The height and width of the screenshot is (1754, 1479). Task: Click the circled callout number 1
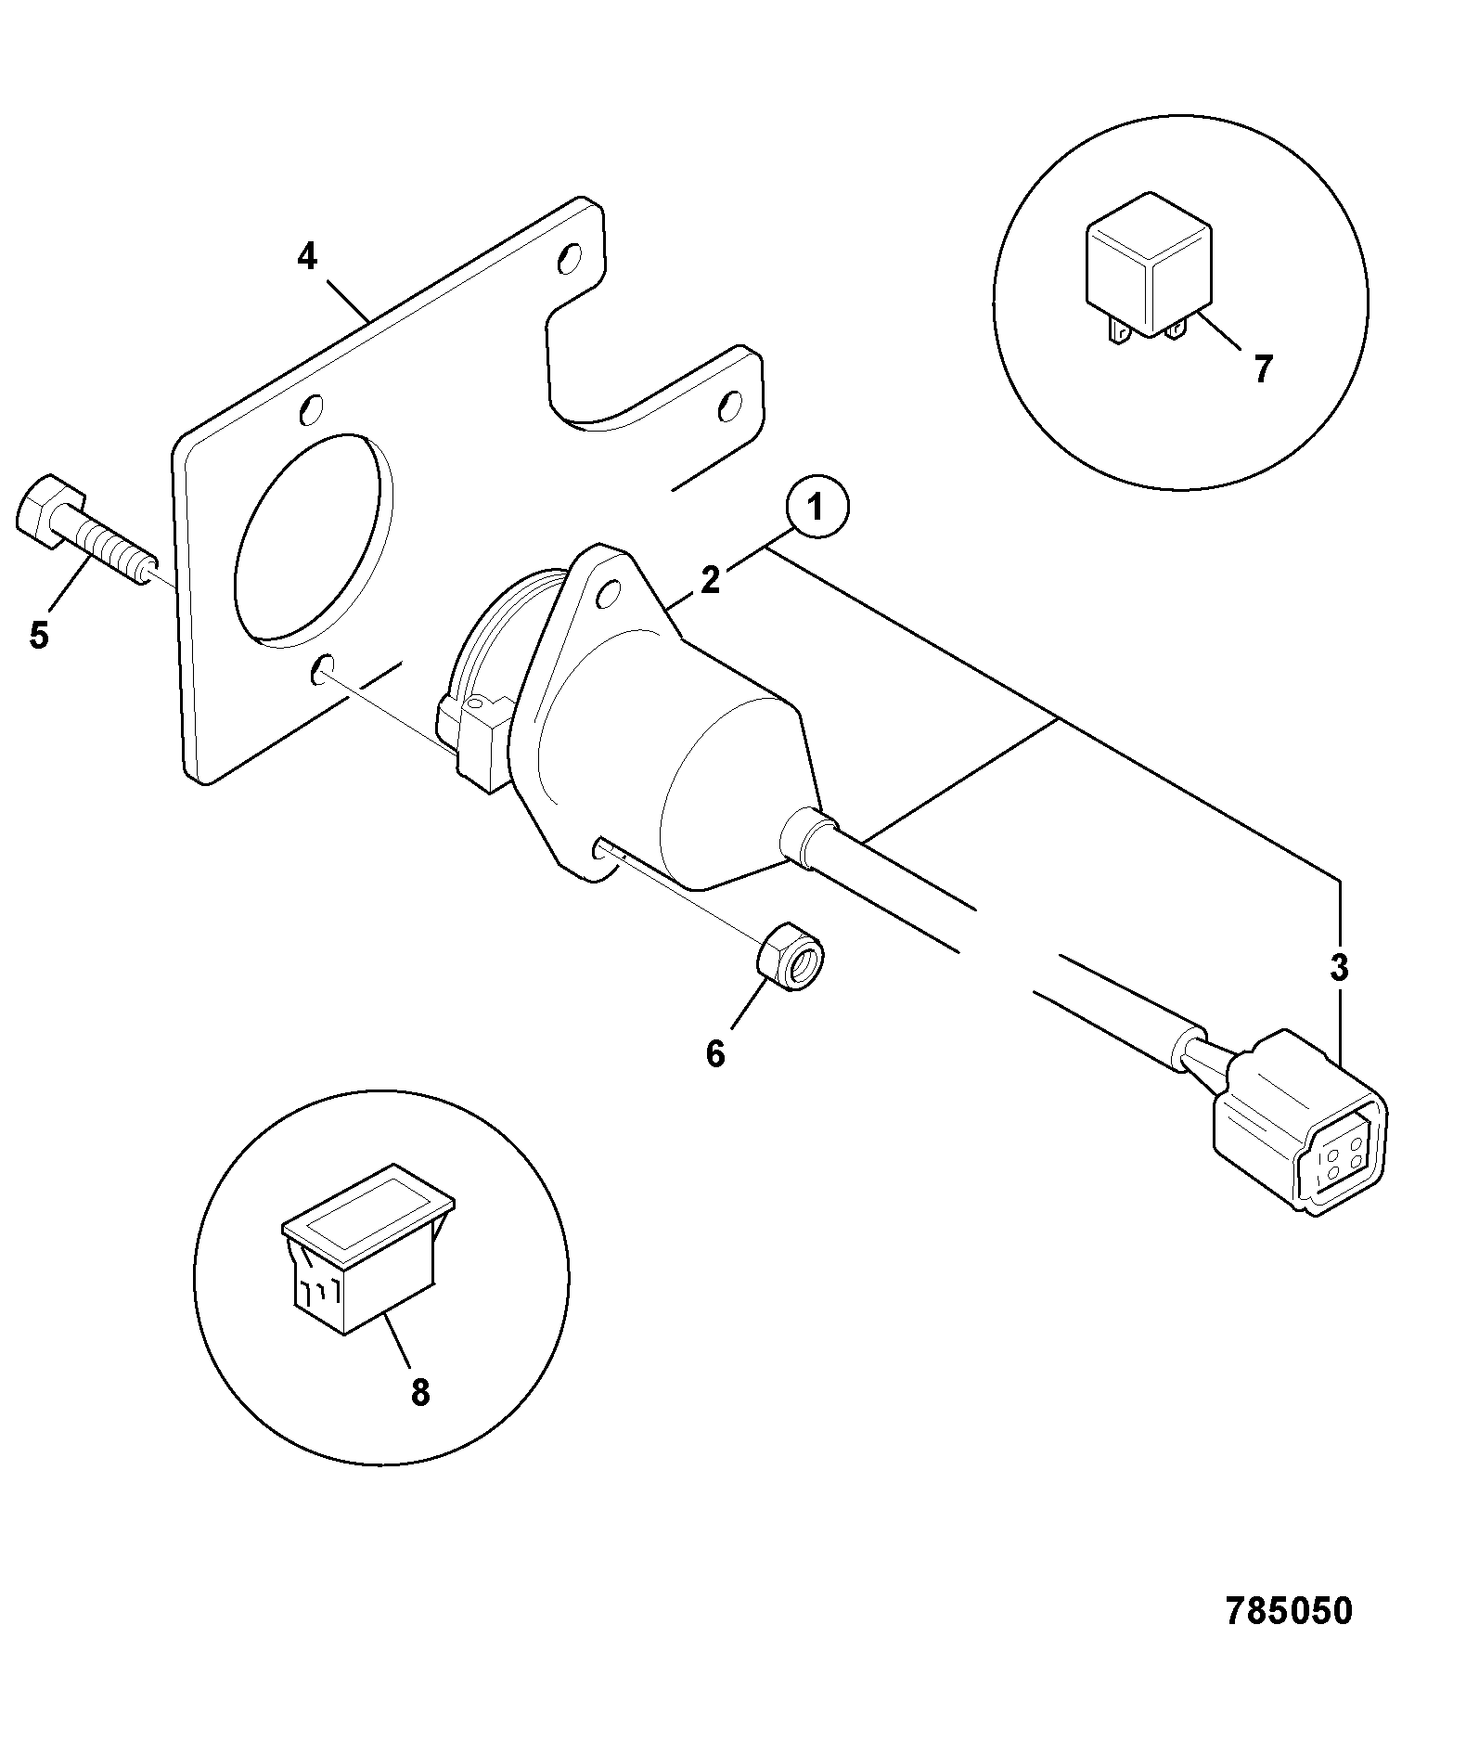816,509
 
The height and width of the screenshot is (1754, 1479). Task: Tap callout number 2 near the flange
710,580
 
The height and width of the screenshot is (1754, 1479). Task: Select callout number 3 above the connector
1338,967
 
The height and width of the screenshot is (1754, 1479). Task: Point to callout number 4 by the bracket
307,255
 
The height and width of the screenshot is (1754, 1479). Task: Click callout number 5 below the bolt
38,635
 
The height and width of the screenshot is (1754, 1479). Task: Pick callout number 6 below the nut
714,1053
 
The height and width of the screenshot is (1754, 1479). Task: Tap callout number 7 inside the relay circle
1262,369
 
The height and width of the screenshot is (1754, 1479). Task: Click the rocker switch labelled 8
367,1248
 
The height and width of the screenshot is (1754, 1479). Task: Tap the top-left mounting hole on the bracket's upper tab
570,258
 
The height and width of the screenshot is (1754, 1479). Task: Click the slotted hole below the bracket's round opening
322,667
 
